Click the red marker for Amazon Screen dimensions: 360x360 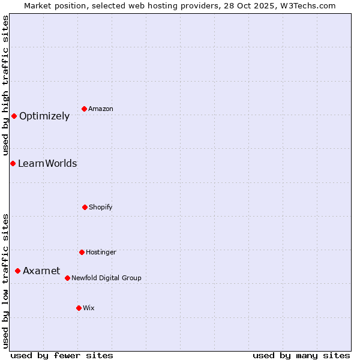85,109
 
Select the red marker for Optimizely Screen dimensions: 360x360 14,116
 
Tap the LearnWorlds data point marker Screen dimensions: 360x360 13,163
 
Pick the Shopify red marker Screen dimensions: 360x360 85,207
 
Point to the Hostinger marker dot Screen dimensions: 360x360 82,252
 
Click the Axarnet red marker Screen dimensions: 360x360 17,271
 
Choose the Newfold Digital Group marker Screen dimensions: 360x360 67,278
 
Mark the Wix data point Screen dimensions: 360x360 79,308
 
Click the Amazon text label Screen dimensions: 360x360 101,109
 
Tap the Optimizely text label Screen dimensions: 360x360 44,116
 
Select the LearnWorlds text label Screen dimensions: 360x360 47,164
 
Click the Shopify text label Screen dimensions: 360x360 101,208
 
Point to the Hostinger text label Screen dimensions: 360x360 101,253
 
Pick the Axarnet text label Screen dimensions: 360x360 41,271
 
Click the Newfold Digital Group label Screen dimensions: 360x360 106,278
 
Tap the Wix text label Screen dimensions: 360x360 89,308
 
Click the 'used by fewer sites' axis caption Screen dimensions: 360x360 62,355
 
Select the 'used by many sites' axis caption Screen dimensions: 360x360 301,355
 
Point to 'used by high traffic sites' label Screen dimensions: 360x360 5,86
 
